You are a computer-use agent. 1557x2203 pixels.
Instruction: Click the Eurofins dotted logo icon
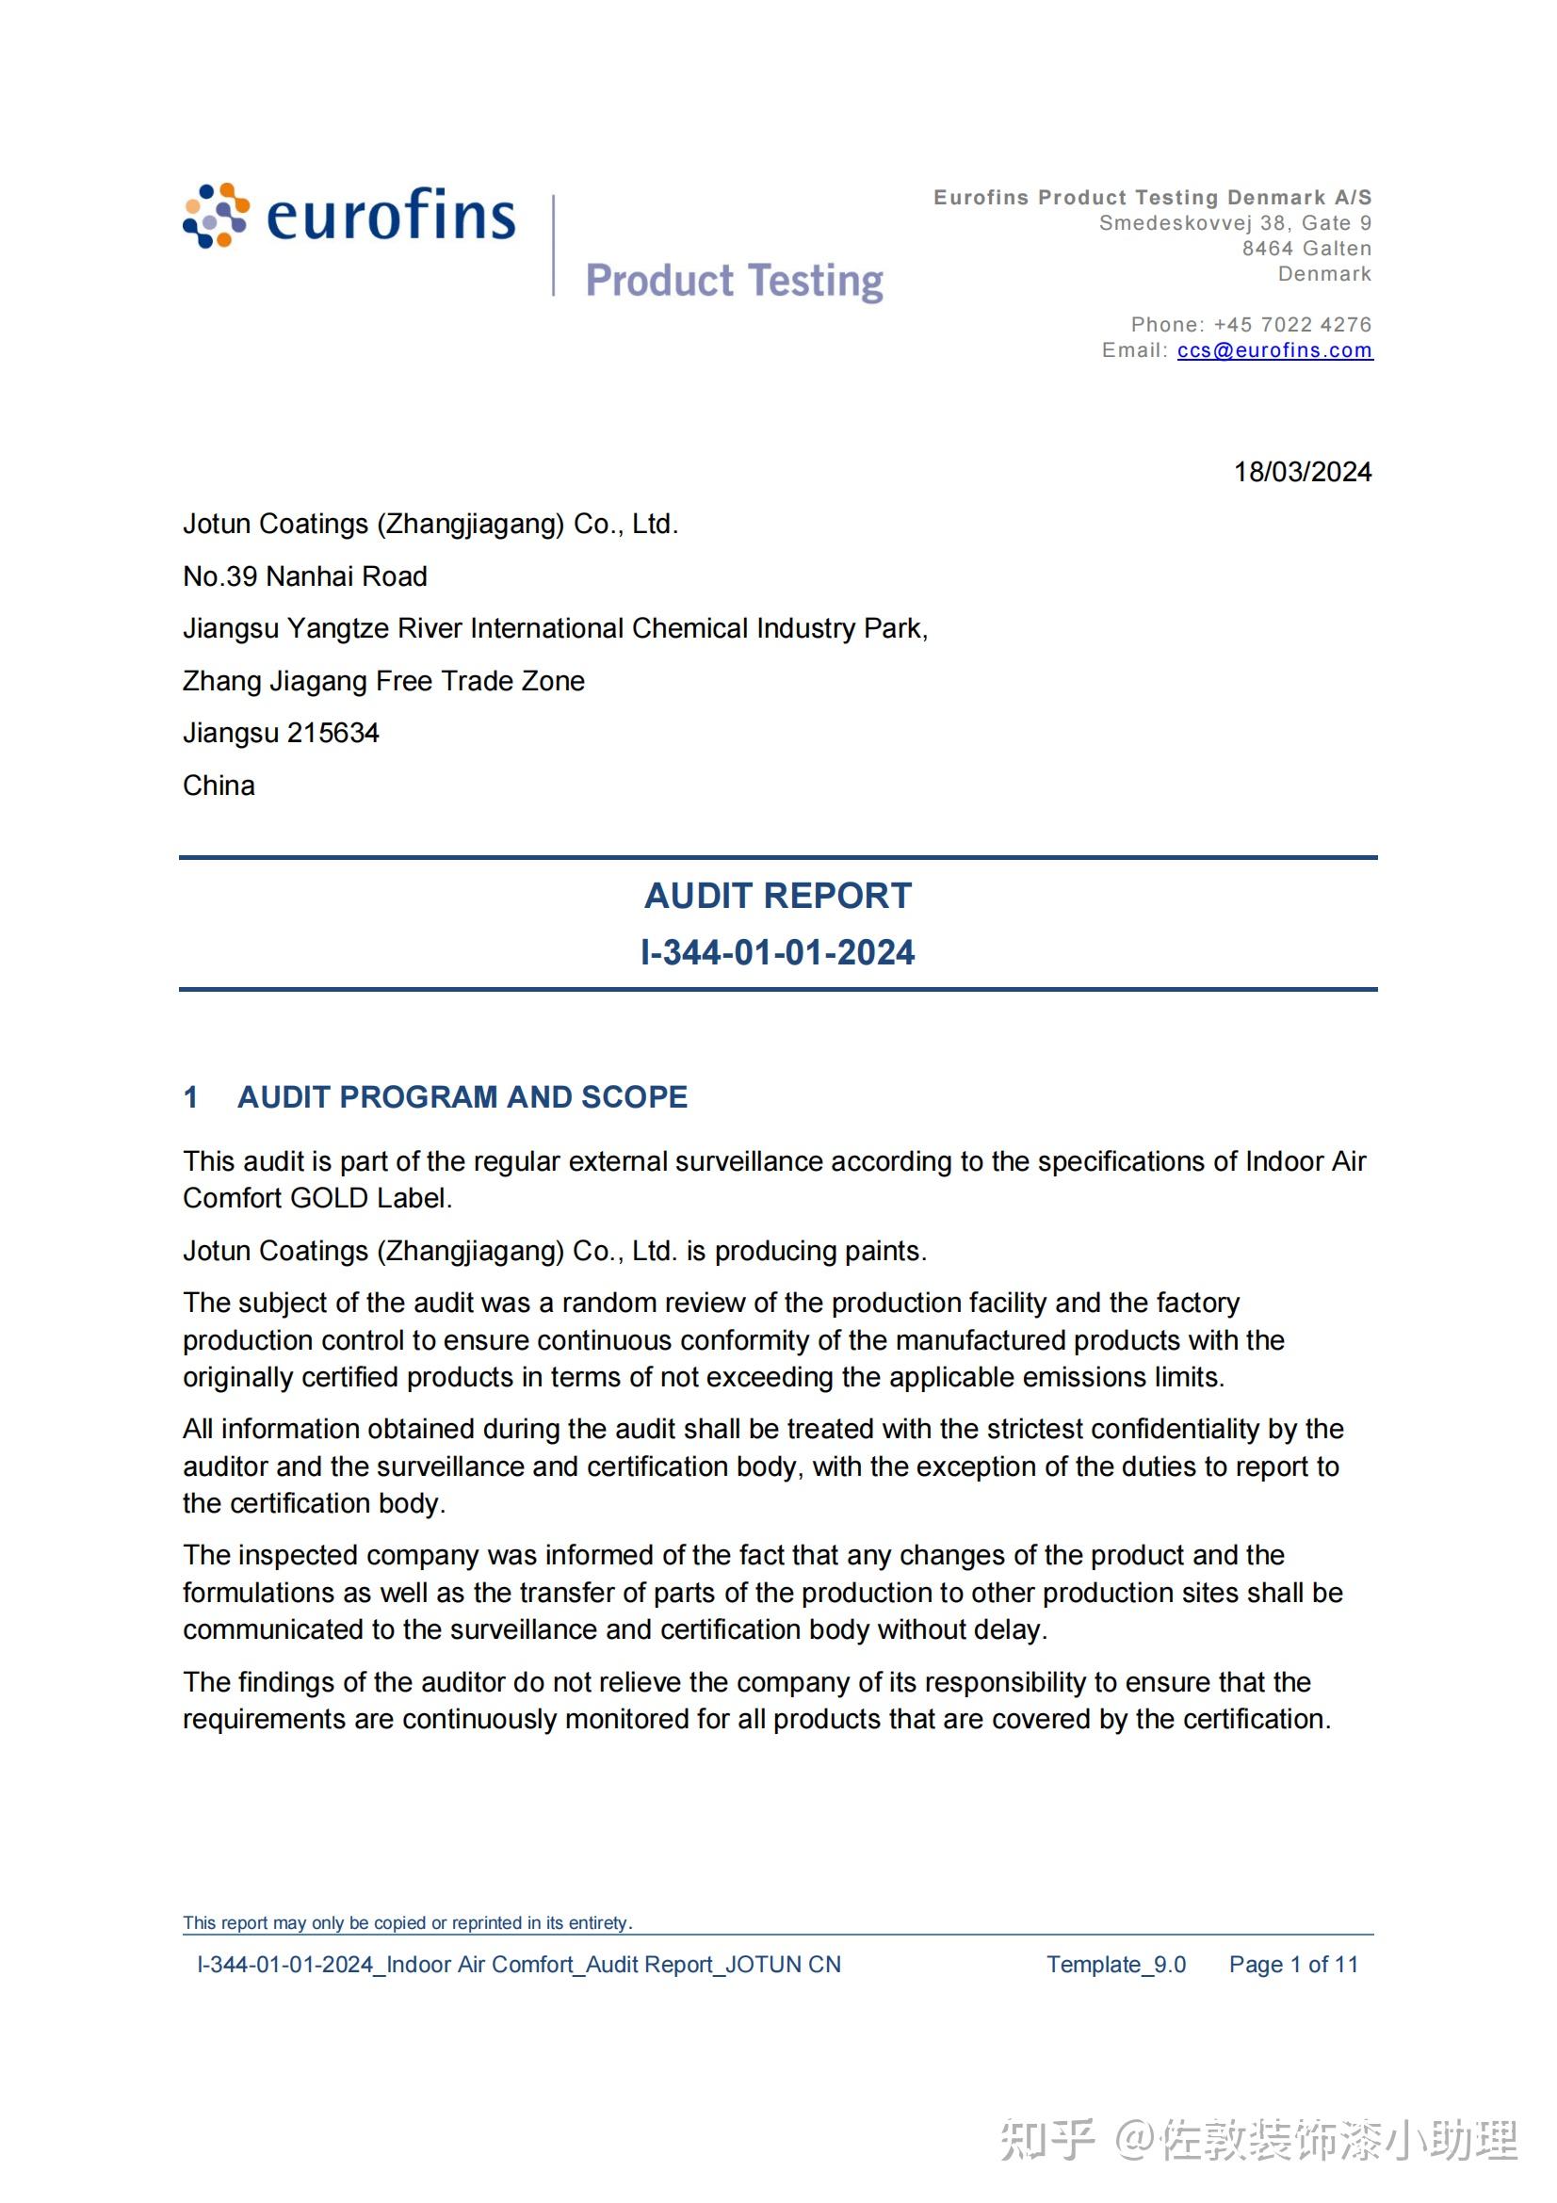click(x=216, y=215)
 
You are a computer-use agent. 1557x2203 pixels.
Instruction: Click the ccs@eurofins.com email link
click(x=1274, y=350)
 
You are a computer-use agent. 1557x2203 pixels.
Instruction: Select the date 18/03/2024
click(x=1302, y=472)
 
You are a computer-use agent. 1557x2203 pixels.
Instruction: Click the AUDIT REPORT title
click(x=777, y=895)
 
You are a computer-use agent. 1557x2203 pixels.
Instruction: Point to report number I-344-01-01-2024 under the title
click(x=777, y=952)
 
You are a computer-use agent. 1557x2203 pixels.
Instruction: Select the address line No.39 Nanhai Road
click(x=305, y=576)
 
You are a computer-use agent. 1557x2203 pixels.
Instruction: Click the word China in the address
click(x=219, y=786)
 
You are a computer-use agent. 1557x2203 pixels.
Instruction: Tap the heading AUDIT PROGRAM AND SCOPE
click(x=462, y=1096)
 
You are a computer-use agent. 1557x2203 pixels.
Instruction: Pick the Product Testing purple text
click(x=734, y=281)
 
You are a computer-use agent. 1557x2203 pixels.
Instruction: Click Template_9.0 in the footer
click(x=1115, y=1964)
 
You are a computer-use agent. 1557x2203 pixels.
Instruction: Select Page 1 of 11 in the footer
click(x=1293, y=1964)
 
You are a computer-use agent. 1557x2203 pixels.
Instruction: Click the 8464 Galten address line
click(x=1306, y=249)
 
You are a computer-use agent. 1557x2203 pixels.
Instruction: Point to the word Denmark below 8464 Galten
click(x=1324, y=274)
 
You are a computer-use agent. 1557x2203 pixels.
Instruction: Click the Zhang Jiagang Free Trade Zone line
click(x=383, y=681)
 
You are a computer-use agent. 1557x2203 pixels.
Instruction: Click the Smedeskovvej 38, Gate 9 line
click(x=1235, y=223)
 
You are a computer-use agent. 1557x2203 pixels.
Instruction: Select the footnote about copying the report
click(x=407, y=1923)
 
